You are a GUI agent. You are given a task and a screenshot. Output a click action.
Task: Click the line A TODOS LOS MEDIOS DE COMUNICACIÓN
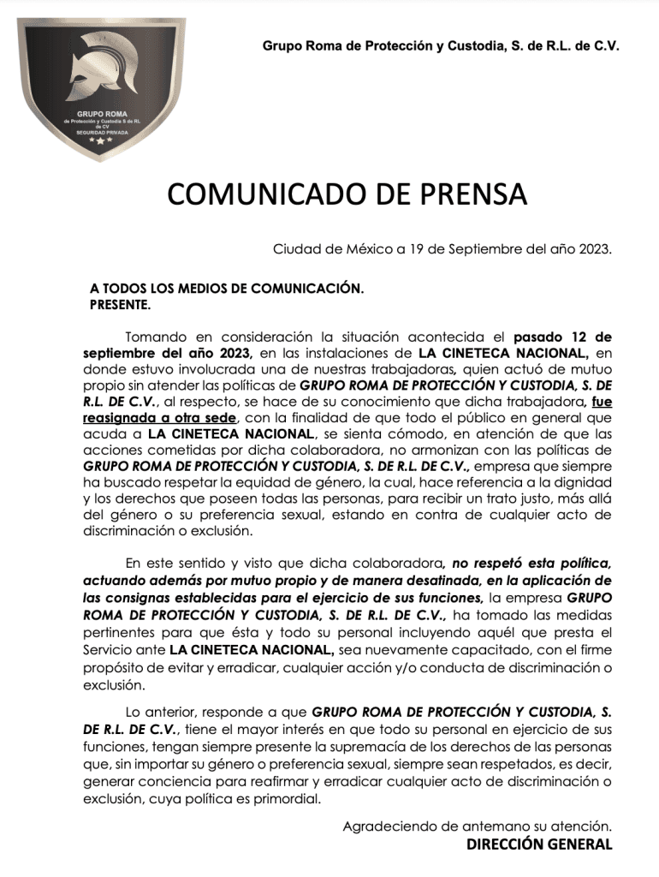coord(226,289)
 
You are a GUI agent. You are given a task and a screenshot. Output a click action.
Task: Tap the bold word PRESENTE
coord(120,304)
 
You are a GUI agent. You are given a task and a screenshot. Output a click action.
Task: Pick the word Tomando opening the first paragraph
coord(158,336)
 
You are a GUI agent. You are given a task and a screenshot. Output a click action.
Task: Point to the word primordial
coord(284,799)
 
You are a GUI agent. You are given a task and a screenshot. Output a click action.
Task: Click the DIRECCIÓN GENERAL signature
coord(539,844)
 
